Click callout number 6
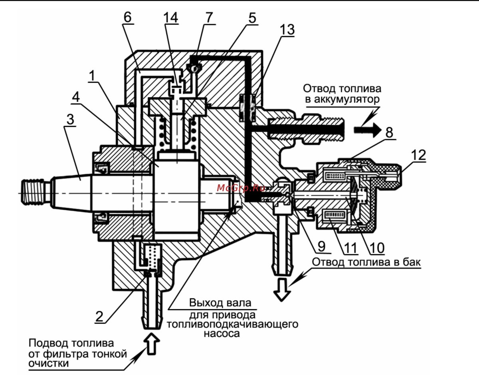click(127, 18)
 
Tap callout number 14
click(170, 18)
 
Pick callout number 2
click(100, 315)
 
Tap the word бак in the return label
click(412, 262)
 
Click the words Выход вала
click(220, 302)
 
